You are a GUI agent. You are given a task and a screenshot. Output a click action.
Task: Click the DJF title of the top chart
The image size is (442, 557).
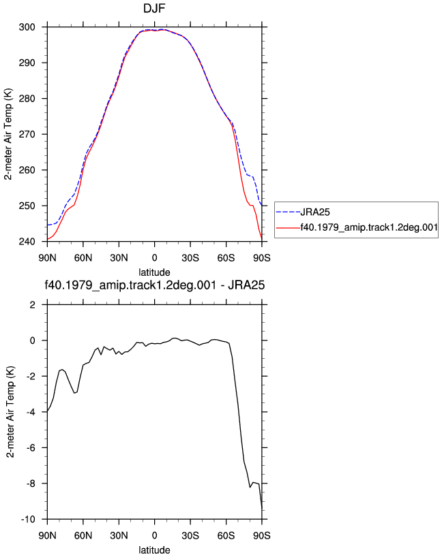pos(154,7)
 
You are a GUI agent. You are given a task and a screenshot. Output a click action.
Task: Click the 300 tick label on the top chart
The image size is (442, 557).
pos(27,27)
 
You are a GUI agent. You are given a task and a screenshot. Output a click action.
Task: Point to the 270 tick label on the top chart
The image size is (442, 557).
pos(27,134)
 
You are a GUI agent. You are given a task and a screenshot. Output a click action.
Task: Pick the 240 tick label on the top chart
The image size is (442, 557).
pos(27,242)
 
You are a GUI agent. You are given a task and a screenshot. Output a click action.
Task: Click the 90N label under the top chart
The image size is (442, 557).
pos(47,258)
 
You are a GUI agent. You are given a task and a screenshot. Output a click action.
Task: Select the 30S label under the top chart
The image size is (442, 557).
pos(190,258)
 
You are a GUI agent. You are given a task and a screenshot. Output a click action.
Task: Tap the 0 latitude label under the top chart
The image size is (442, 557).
pos(154,258)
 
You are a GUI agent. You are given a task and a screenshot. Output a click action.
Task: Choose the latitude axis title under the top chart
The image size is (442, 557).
pos(154,272)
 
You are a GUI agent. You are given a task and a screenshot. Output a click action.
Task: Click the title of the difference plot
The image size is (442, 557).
pos(154,285)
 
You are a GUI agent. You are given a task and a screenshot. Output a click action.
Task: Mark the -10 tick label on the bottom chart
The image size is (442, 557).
pos(29,520)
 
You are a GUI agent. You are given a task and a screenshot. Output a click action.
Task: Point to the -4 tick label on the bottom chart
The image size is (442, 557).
pos(31,412)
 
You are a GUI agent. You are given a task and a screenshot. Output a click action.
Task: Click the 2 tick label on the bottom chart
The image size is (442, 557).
pos(33,305)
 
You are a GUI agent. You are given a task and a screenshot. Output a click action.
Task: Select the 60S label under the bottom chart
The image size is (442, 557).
pos(226,536)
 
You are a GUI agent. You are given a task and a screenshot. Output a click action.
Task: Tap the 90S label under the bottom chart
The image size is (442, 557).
pos(262,536)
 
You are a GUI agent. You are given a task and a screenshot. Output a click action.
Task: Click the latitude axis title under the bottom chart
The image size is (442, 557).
pos(154,550)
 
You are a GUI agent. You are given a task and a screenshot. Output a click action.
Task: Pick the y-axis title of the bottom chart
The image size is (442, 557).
pos(10,412)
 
